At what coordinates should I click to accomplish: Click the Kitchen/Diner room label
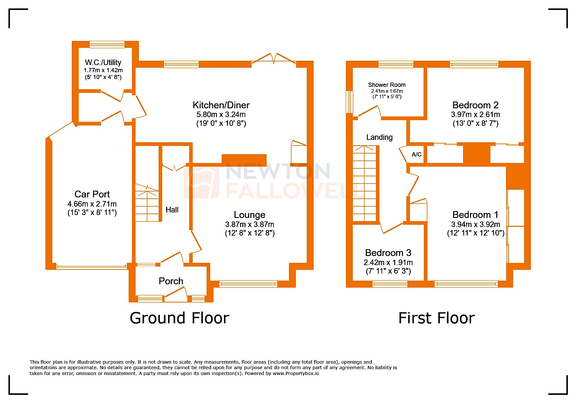[x=221, y=105]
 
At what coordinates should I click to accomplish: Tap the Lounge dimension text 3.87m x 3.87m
[x=249, y=224]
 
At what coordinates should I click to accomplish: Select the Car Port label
[x=92, y=194]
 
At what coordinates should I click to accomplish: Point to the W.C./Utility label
[x=103, y=62]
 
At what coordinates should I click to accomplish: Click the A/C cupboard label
[x=416, y=154]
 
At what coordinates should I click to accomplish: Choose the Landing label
[x=379, y=137]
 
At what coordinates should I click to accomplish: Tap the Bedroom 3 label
[x=388, y=253]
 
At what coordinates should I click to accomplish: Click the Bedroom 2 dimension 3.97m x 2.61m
[x=475, y=114]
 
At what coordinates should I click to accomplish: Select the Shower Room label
[x=387, y=85]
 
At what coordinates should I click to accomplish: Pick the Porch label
[x=171, y=281]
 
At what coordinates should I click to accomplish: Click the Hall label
[x=172, y=210]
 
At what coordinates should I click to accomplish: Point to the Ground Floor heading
[x=179, y=318]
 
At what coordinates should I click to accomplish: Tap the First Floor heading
[x=436, y=318]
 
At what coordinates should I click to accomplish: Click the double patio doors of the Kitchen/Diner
[x=274, y=59]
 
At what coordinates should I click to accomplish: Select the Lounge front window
[x=248, y=284]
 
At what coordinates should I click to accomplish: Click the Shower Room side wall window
[x=349, y=102]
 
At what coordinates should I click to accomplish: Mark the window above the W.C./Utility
[x=107, y=44]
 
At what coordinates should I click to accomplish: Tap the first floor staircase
[x=364, y=184]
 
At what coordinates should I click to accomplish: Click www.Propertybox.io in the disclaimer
[x=296, y=373]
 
